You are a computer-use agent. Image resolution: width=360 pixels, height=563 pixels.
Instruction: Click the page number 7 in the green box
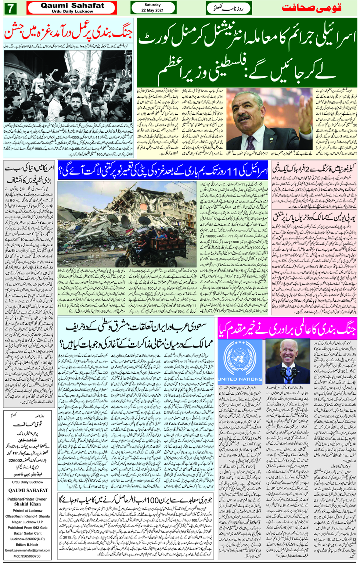point(10,8)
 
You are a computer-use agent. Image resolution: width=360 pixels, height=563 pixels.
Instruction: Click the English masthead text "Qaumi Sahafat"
point(72,6)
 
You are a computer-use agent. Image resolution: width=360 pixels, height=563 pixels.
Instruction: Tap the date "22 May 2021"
point(153,10)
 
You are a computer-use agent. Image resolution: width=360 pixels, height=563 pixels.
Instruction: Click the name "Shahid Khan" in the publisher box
point(27,504)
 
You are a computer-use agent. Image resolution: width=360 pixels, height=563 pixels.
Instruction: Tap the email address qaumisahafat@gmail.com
point(28,550)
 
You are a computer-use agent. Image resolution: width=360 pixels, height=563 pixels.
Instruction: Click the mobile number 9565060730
point(28,556)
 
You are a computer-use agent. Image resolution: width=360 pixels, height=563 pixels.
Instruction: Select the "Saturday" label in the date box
point(153,5)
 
